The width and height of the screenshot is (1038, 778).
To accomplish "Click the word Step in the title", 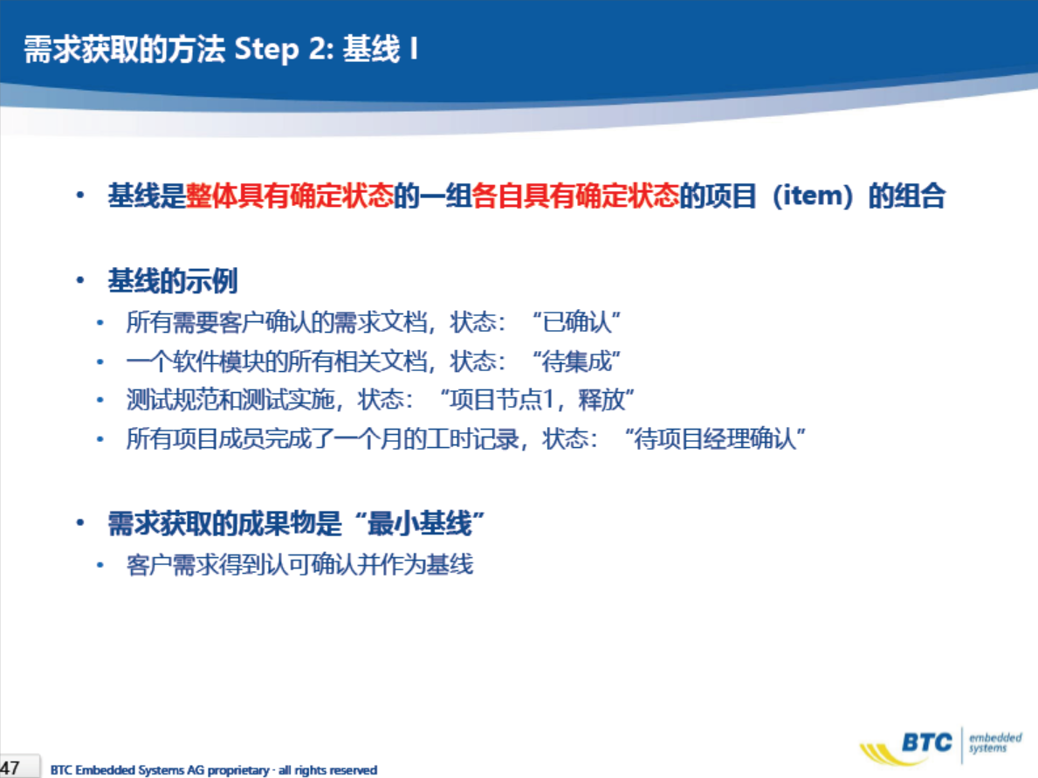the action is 267,50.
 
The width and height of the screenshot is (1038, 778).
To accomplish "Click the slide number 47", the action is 10,768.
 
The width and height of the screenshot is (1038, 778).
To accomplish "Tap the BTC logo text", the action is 927,742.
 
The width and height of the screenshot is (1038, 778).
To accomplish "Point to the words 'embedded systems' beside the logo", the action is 995,742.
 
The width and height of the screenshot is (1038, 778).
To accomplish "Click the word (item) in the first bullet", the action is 812,196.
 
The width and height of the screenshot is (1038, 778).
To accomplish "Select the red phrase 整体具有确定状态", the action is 289,196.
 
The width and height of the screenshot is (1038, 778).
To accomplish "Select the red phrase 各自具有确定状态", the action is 575,196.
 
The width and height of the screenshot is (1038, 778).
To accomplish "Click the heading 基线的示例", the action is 173,281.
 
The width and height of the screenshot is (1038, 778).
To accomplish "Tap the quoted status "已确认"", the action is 576,322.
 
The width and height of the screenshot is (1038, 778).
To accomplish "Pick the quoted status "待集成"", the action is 576,361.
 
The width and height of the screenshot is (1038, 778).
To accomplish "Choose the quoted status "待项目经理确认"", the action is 714,438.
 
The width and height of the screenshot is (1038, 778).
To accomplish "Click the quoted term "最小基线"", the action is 419,524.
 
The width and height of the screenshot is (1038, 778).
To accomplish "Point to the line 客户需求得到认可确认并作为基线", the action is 300,565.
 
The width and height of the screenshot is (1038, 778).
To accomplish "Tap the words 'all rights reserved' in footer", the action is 327,770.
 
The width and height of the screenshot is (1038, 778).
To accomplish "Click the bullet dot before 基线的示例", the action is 80,281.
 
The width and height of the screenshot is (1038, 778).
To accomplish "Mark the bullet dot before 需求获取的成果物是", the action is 80,524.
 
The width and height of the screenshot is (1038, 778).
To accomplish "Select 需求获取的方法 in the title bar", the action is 125,50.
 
